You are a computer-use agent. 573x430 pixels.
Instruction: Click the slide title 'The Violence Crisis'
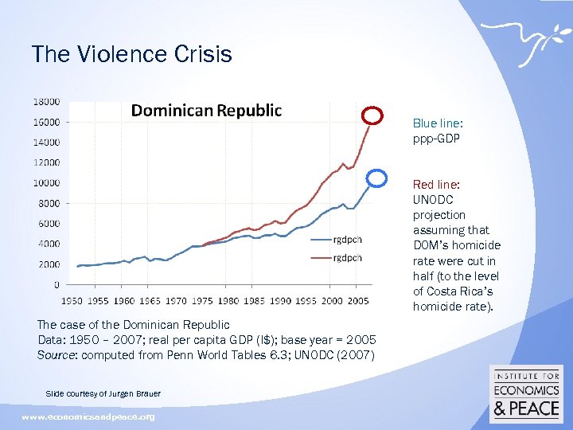coord(131,54)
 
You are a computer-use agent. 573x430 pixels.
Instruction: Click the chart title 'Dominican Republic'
coord(206,111)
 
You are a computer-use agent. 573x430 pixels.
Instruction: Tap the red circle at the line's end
coord(372,115)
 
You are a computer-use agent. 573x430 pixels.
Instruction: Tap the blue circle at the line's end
coord(378,178)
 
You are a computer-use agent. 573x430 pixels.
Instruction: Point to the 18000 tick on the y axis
coord(46,102)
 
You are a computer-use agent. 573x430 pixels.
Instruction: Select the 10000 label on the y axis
coord(46,183)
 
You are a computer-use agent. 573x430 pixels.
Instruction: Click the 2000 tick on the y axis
coord(49,264)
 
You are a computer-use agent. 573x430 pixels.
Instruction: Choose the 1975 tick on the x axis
coord(203,300)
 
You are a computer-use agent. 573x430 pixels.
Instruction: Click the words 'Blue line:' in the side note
coord(438,123)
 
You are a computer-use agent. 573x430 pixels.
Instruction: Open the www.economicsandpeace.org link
coord(88,416)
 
